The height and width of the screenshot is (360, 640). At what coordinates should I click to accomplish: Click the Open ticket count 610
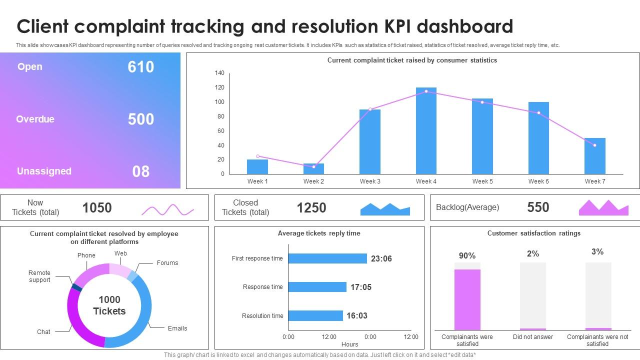click(x=140, y=67)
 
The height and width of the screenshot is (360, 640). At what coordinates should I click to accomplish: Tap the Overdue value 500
click(x=140, y=119)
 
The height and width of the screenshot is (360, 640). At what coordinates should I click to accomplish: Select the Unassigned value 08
click(x=140, y=171)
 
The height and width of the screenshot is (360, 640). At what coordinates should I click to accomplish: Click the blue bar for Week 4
click(x=426, y=131)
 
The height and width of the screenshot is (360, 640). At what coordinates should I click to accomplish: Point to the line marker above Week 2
click(x=314, y=166)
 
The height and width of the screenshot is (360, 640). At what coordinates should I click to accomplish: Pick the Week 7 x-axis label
click(x=594, y=181)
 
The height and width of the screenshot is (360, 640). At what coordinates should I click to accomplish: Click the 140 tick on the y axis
click(x=219, y=73)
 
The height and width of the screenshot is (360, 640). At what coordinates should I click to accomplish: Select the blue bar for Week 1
click(x=257, y=166)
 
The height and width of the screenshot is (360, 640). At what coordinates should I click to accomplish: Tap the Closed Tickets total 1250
click(x=311, y=207)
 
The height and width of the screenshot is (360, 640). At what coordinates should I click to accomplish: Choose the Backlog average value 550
click(x=538, y=207)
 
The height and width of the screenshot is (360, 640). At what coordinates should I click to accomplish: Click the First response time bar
click(x=327, y=258)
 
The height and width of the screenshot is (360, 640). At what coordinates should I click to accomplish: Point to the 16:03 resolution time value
click(x=357, y=315)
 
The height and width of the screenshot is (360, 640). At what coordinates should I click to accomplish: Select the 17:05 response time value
click(x=360, y=287)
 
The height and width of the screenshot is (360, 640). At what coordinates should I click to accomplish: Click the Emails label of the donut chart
click(x=177, y=328)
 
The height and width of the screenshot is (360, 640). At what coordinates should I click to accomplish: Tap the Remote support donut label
click(x=39, y=276)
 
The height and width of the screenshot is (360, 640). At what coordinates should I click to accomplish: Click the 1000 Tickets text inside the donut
click(x=109, y=305)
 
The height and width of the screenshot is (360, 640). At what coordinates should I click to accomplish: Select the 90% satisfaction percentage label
click(x=467, y=256)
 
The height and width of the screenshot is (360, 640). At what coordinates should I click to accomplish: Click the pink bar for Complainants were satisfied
click(x=467, y=299)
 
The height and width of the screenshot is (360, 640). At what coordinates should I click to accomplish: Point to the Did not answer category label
click(x=532, y=337)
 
